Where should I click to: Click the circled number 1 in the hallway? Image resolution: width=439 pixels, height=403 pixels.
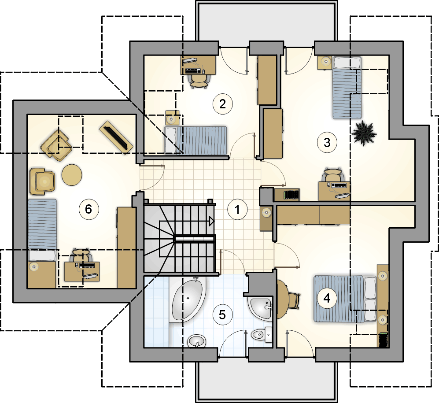(x=237, y=210)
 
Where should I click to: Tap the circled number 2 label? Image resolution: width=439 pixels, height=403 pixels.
(x=222, y=104)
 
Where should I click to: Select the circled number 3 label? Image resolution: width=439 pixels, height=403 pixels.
(x=327, y=143)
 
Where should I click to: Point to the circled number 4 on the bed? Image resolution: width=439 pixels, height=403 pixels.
(x=327, y=298)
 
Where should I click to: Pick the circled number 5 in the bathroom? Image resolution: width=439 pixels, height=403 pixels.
(x=222, y=315)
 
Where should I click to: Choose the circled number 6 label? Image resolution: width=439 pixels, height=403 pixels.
(x=89, y=209)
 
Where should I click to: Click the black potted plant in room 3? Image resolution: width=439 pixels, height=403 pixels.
(x=363, y=133)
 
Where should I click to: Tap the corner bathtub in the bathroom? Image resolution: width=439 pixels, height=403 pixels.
(x=188, y=299)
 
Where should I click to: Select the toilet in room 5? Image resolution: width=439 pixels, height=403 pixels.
(x=262, y=334)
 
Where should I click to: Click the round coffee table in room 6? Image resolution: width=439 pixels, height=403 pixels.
(x=72, y=175)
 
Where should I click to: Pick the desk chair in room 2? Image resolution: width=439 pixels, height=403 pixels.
(x=199, y=81)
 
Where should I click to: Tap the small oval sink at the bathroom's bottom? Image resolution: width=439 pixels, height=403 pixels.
(x=196, y=341)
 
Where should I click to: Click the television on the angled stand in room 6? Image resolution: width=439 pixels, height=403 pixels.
(x=116, y=137)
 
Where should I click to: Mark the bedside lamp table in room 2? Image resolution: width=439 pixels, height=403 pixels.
(x=172, y=118)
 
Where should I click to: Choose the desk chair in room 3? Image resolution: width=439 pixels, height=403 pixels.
(x=333, y=175)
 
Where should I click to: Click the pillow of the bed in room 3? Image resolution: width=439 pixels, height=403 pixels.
(x=347, y=63)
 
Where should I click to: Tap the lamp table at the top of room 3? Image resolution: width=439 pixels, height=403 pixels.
(x=325, y=63)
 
